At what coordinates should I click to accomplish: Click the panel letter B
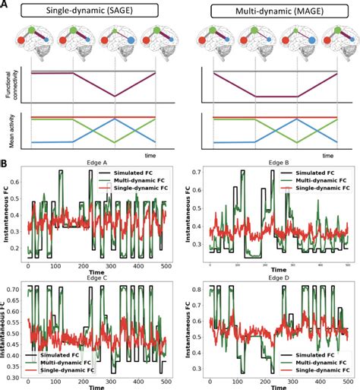click(x=5, y=163)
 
